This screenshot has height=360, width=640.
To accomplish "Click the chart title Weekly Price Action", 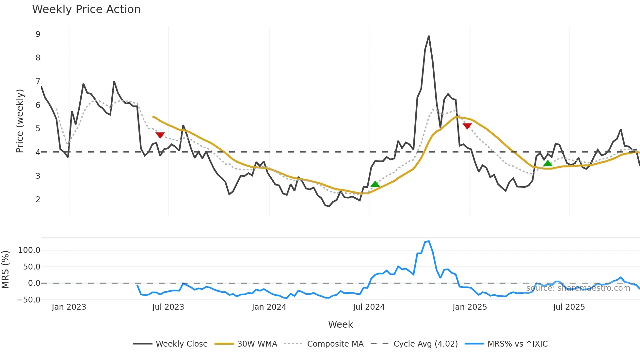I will [86, 9].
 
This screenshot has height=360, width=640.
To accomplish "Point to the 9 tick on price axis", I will [38, 34].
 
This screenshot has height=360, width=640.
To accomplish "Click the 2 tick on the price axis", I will [38, 199].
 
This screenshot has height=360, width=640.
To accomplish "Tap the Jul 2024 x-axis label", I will [369, 307].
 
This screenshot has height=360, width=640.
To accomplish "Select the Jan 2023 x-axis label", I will [69, 307].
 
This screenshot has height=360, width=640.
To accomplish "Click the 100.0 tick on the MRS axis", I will [29, 250].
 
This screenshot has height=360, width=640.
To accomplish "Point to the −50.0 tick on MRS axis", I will [29, 300].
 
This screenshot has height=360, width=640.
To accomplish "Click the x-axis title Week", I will [340, 324].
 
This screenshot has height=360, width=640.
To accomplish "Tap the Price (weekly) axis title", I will [20, 121].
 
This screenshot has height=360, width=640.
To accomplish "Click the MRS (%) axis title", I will [5, 270].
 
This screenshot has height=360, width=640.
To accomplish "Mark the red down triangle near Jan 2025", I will [467, 126].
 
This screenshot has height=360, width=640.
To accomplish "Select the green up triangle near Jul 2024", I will [375, 184].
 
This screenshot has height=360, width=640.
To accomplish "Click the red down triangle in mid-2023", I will [160, 135].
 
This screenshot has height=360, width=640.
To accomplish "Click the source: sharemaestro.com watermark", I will [578, 288].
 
